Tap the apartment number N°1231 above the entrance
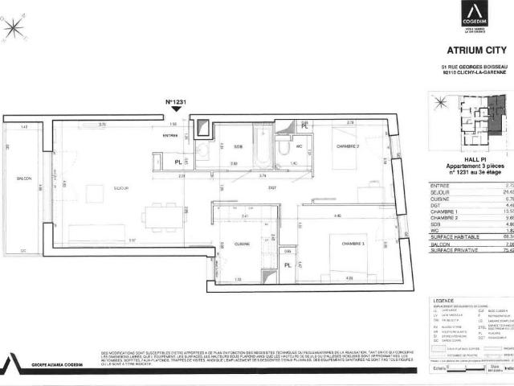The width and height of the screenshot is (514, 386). coord(176,102)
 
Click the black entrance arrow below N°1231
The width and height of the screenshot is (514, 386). coord(177,112)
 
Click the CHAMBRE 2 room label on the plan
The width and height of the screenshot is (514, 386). coord(349,146)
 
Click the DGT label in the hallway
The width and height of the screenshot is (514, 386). coord(250,187)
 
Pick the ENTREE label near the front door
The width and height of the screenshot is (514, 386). coord(170,136)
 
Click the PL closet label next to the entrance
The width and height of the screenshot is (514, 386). coord(177,162)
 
